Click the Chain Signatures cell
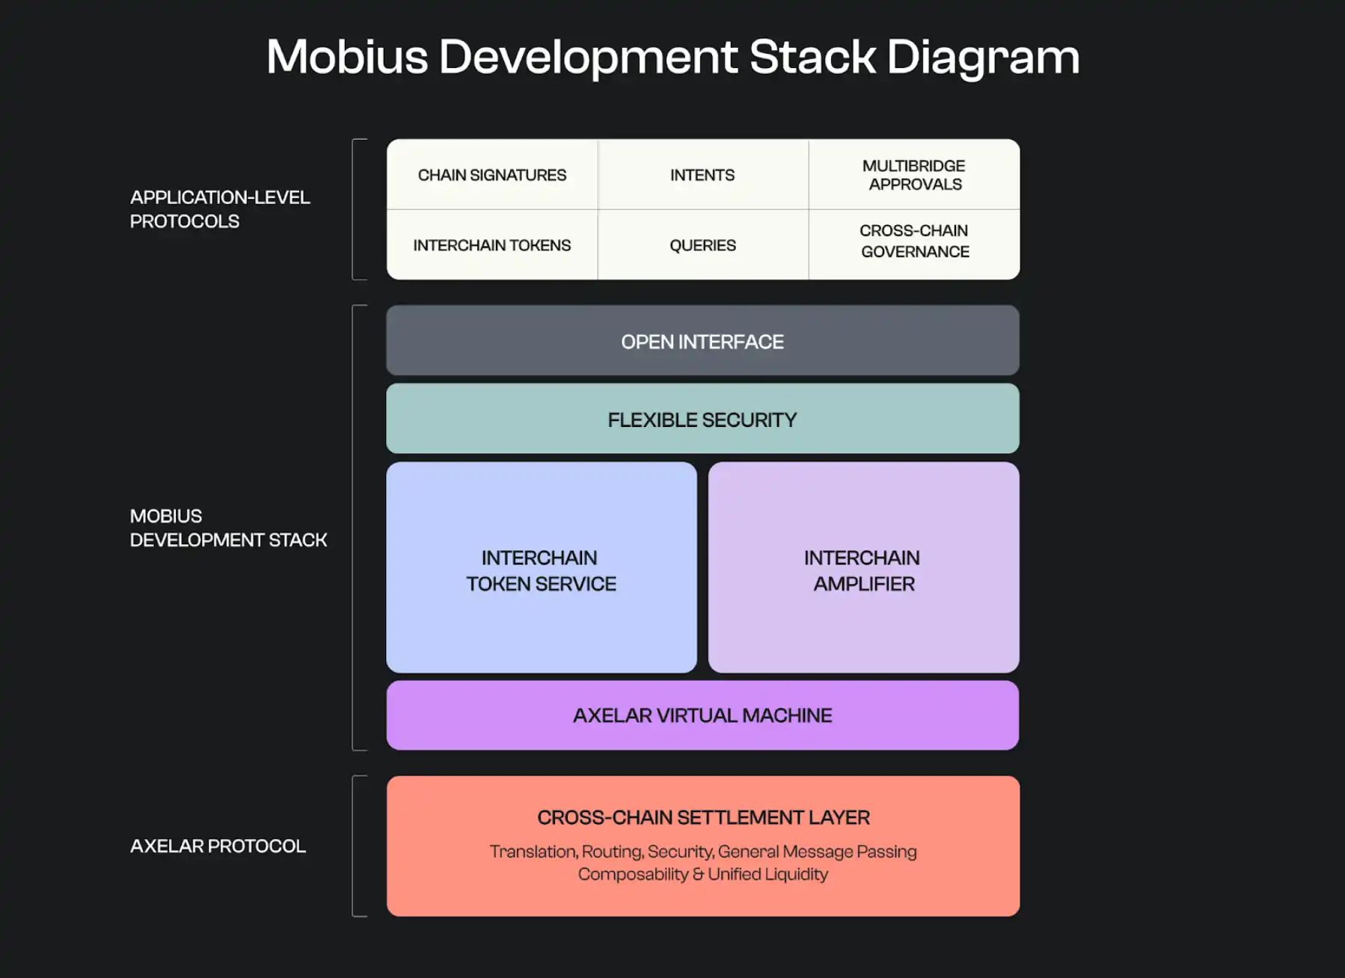pyautogui.click(x=492, y=175)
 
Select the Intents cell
pyautogui.click(x=702, y=175)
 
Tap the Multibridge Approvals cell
pyautogui.click(x=914, y=175)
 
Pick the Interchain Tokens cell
pyautogui.click(x=492, y=245)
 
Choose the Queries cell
pyautogui.click(x=702, y=245)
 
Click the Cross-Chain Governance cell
pyautogui.click(x=914, y=242)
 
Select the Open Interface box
pyautogui.click(x=702, y=341)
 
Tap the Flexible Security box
pyautogui.click(x=702, y=419)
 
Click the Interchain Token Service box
pyautogui.click(x=541, y=570)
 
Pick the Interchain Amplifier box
pyautogui.click(x=863, y=570)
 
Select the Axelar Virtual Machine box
pyautogui.click(x=702, y=716)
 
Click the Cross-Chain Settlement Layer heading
pyautogui.click(x=703, y=817)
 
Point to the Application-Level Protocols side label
pyautogui.click(x=220, y=209)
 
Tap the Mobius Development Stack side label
pyautogui.click(x=228, y=528)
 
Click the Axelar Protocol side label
pyautogui.click(x=218, y=846)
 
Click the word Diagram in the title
pyautogui.click(x=983, y=57)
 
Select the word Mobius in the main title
pyautogui.click(x=347, y=57)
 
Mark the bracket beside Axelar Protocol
pyautogui.click(x=354, y=846)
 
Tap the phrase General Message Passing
pyautogui.click(x=817, y=852)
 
